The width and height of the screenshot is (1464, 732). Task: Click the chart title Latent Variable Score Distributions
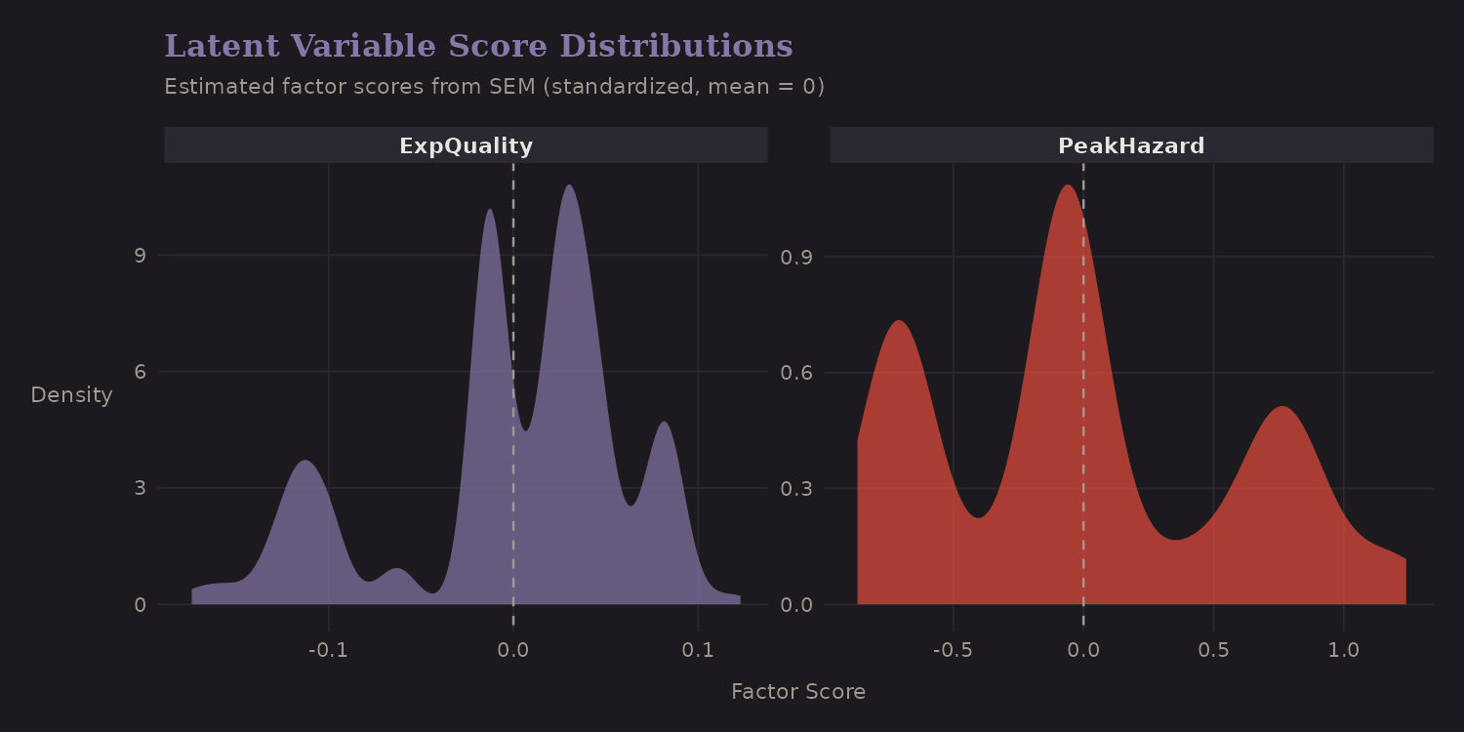tap(478, 47)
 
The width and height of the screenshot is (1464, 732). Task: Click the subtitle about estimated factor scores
tap(494, 87)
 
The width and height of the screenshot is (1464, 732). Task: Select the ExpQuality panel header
tap(466, 146)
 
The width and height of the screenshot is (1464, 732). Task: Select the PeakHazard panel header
tap(1131, 146)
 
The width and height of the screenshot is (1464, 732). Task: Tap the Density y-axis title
tap(71, 395)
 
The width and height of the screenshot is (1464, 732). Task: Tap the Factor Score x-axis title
tap(797, 692)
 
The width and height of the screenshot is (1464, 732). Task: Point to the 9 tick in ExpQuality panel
tap(139, 256)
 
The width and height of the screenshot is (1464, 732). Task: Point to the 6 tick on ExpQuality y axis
tap(139, 372)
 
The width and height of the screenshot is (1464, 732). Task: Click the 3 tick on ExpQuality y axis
tap(139, 488)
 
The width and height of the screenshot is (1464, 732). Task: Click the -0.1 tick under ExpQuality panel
tap(328, 650)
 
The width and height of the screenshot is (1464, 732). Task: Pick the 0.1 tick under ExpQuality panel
tap(698, 650)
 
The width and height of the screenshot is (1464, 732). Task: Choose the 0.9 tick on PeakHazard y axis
tap(796, 257)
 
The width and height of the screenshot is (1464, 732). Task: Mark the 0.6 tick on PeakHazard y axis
tap(796, 373)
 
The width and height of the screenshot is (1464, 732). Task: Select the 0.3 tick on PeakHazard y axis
tap(796, 488)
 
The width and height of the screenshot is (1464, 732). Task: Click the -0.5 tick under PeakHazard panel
tap(953, 650)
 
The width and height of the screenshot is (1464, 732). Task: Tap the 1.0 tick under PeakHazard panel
tap(1344, 650)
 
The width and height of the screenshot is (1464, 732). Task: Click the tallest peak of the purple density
tap(568, 185)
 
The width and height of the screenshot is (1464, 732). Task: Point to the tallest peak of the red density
tap(1067, 185)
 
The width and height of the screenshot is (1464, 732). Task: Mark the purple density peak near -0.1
tap(305, 461)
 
